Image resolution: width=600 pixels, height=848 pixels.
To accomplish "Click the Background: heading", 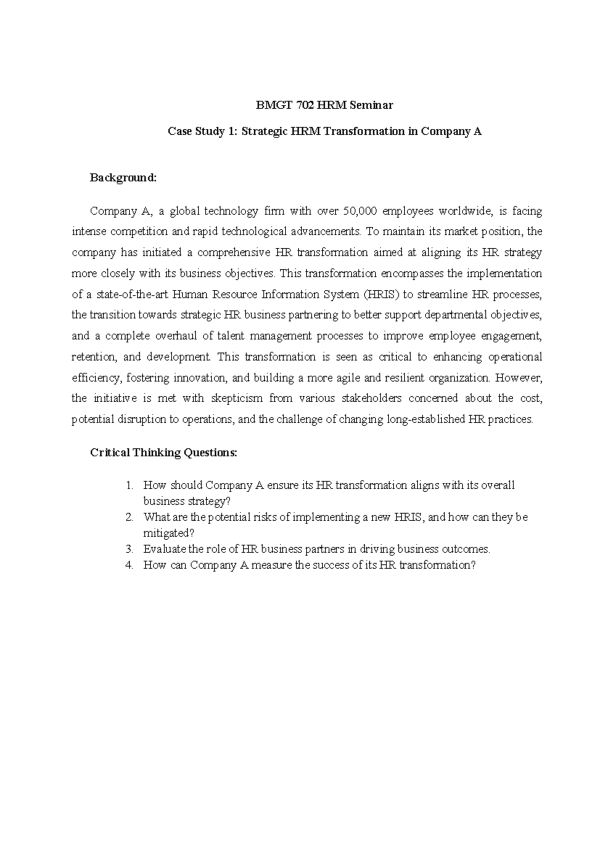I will (123, 178).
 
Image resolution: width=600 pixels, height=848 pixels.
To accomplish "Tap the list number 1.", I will (129, 485).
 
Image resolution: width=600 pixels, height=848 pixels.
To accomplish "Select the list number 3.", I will (129, 549).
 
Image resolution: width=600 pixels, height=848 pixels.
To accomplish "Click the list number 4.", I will (129, 565).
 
